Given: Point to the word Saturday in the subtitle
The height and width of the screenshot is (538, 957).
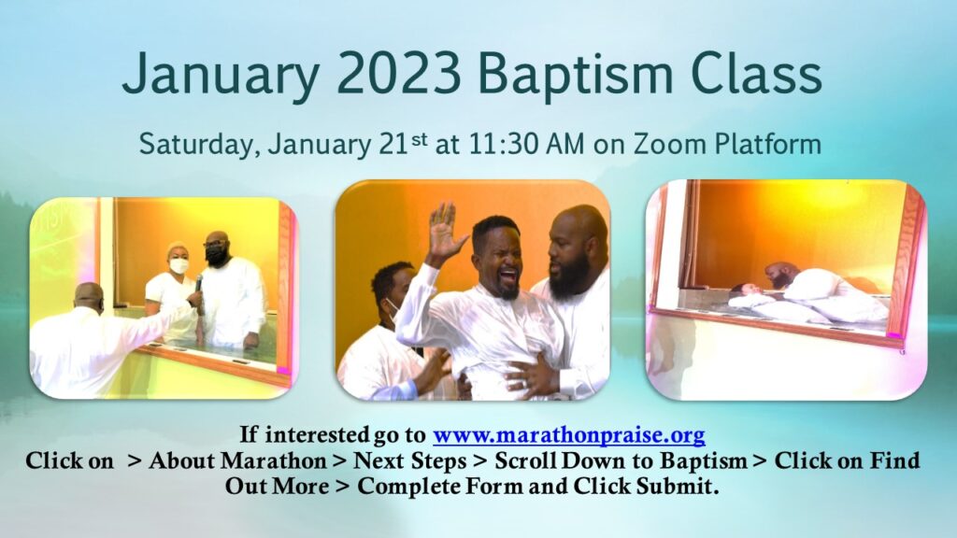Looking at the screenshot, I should click(199, 146).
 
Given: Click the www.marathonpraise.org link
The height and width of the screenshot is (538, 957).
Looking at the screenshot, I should click(569, 435).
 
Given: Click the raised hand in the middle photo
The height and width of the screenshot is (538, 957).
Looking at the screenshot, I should click(444, 232).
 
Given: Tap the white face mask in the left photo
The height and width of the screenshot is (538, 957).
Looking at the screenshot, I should click(179, 266).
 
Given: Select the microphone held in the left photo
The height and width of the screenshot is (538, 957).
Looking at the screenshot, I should click(198, 285).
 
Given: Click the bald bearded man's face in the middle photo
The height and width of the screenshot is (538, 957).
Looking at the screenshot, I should click(572, 248).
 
